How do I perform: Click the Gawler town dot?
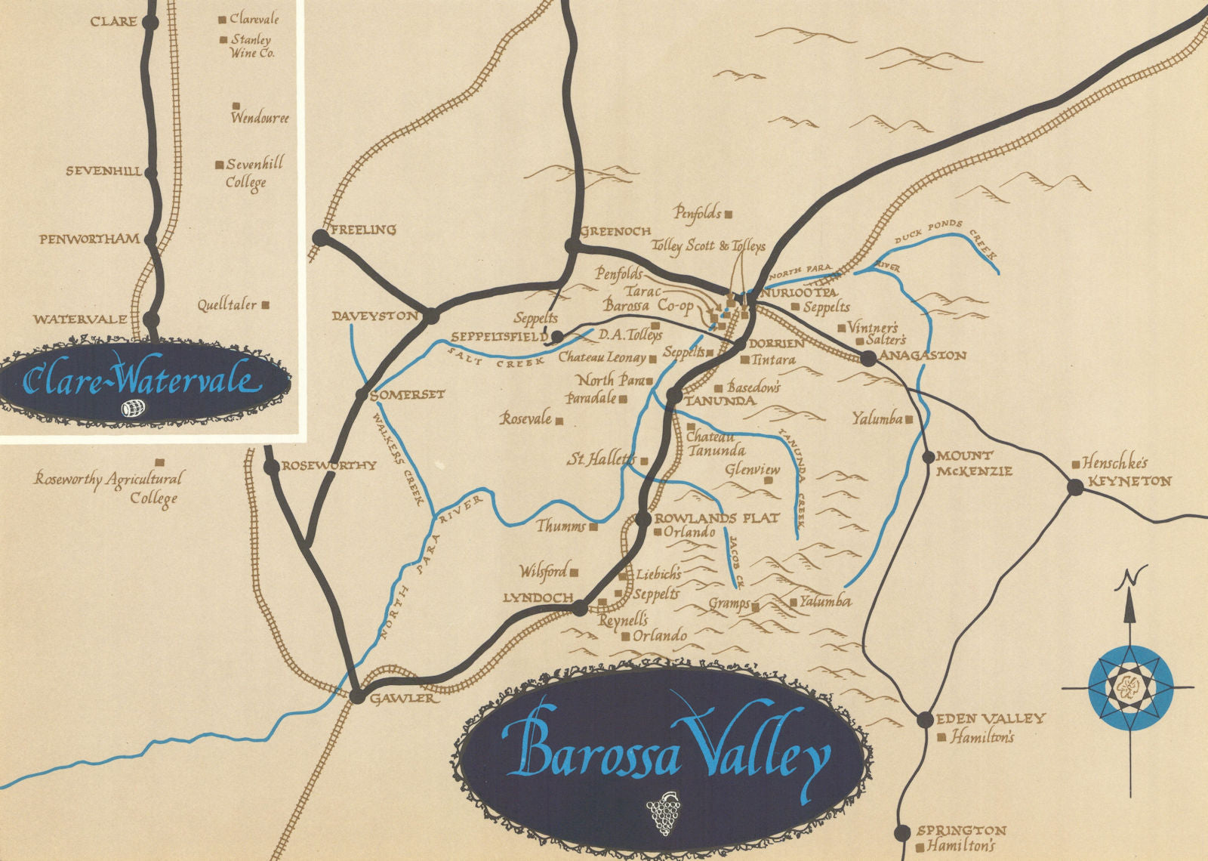(x=356, y=696)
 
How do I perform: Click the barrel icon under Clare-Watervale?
(x=133, y=409)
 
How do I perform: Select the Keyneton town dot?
(x=1075, y=487)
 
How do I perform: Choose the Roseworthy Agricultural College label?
(x=109, y=488)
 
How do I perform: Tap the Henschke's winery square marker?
(x=1074, y=463)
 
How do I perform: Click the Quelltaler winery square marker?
(x=265, y=305)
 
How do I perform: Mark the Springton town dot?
(x=901, y=833)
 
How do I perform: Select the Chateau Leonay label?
(x=602, y=358)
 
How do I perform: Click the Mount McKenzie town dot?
(x=929, y=457)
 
